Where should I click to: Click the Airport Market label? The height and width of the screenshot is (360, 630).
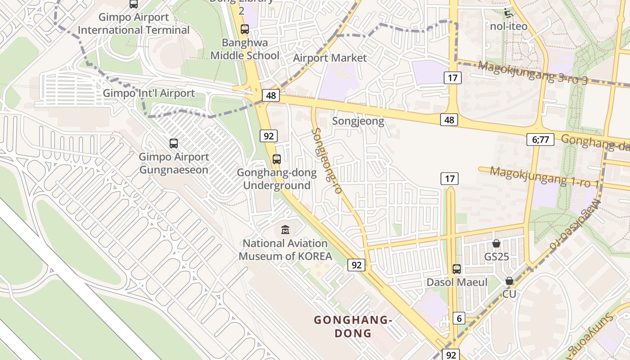click(x=330, y=58)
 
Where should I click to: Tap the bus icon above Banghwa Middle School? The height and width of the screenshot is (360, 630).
click(x=244, y=29)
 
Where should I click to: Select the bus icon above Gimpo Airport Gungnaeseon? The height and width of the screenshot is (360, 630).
click(x=174, y=144)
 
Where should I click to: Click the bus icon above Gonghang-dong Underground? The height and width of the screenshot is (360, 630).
click(x=277, y=159)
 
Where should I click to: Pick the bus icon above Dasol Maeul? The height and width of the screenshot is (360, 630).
click(x=457, y=269)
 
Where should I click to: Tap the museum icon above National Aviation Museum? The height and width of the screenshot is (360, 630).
click(x=285, y=230)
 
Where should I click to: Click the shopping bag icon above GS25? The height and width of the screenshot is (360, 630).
click(x=496, y=243)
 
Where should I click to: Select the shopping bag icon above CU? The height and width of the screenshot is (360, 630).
click(x=509, y=281)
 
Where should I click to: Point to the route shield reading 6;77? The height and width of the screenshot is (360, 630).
click(x=540, y=139)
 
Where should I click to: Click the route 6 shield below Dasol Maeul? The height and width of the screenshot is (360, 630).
click(x=459, y=318)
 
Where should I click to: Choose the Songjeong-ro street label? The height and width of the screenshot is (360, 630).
click(x=326, y=160)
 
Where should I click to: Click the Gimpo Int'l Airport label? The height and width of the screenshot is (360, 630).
click(x=149, y=93)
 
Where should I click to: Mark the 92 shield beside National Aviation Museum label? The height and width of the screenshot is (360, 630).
click(x=356, y=265)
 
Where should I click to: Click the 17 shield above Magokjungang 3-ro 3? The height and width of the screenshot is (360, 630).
click(x=453, y=78)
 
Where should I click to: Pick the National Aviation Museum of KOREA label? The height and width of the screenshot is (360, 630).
click(x=285, y=250)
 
